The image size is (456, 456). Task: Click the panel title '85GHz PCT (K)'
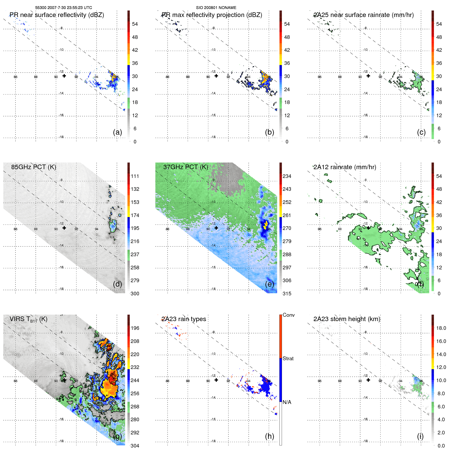point(33,167)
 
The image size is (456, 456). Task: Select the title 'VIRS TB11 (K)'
point(28,319)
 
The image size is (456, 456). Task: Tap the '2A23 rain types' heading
point(184,319)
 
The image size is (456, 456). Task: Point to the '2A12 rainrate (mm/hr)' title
point(345,167)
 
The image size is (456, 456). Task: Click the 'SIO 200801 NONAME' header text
point(216,8)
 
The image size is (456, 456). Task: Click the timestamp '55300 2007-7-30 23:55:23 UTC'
point(64,8)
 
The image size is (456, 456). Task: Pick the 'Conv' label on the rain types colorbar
point(288,315)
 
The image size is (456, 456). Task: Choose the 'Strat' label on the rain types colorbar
point(288,359)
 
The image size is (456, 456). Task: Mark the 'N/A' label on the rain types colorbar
point(287,402)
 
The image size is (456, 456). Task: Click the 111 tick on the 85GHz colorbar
point(135,176)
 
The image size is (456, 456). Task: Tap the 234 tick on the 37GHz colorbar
point(287,176)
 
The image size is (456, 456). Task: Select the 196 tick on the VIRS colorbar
point(135,328)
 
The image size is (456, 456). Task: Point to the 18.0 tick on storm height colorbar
point(441,328)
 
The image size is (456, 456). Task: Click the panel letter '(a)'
point(117,132)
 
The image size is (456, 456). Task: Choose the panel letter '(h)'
point(269,436)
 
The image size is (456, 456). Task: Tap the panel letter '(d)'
point(117,284)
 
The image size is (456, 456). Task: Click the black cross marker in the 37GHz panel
point(216,228)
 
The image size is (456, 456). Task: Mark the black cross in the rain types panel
point(216,380)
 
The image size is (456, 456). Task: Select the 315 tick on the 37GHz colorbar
point(287,294)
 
